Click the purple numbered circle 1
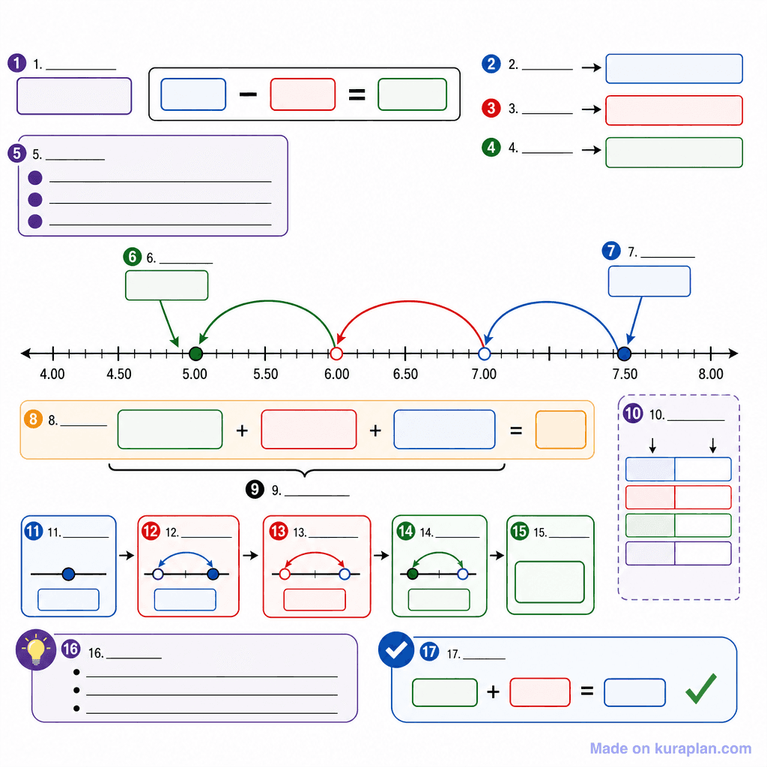click(x=17, y=63)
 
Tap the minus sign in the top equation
click(x=248, y=94)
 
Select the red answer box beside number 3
click(x=674, y=111)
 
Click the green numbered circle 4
click(x=491, y=148)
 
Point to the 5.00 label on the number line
click(x=195, y=375)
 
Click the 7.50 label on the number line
click(x=625, y=375)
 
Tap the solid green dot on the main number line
click(x=195, y=354)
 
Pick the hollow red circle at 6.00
click(x=336, y=354)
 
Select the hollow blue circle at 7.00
click(x=485, y=354)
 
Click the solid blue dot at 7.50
click(x=624, y=354)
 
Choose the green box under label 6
click(x=167, y=285)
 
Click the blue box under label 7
click(x=649, y=282)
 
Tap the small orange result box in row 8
click(x=560, y=429)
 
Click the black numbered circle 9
click(x=255, y=489)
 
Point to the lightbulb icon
click(x=36, y=650)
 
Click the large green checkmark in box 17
click(x=701, y=689)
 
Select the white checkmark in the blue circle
click(x=396, y=649)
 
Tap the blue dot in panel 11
click(x=68, y=574)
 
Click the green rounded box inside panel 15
click(x=550, y=582)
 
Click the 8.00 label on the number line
click(x=711, y=375)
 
